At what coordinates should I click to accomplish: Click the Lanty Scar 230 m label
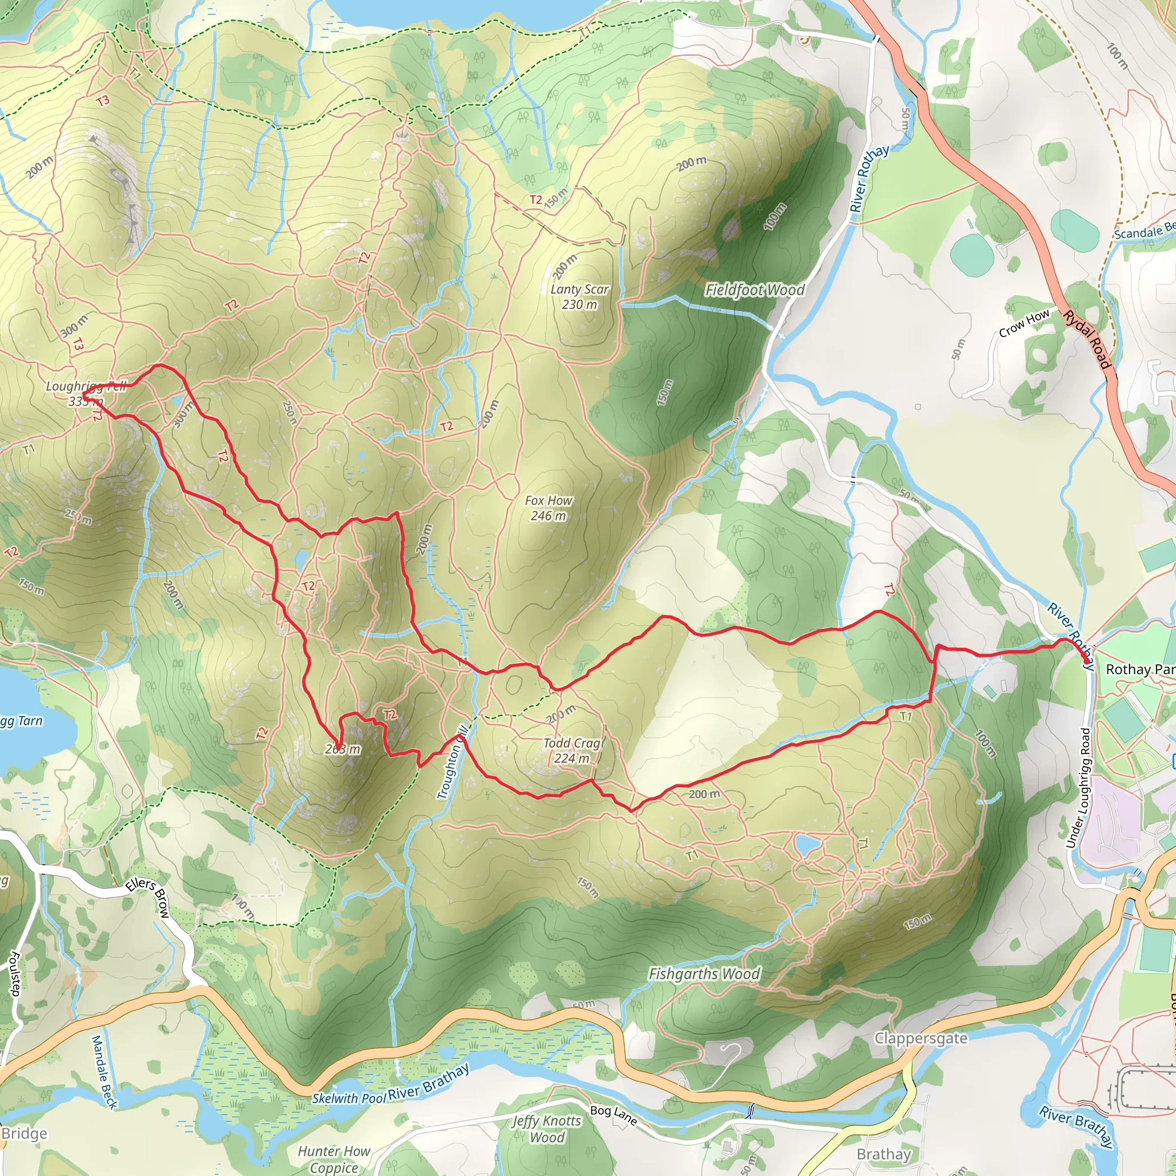579,297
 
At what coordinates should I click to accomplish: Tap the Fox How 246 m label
548,508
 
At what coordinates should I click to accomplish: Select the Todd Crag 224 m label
572,751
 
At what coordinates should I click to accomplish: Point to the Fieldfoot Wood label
755,291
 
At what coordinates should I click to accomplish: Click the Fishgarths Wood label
704,974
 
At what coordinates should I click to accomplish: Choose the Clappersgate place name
920,1038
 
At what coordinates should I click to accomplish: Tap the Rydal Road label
1087,339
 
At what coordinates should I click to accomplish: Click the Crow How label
1024,323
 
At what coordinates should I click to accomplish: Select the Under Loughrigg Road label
1078,788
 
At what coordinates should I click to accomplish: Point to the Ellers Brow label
148,898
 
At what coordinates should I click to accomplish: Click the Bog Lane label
613,1115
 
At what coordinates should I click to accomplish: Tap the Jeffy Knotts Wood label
547,1128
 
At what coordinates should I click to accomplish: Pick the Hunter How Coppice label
334,1159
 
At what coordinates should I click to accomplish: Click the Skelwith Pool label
348,1098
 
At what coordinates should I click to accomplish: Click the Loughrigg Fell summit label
85,393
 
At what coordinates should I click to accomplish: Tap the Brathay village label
884,1154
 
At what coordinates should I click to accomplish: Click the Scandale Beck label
1144,231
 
